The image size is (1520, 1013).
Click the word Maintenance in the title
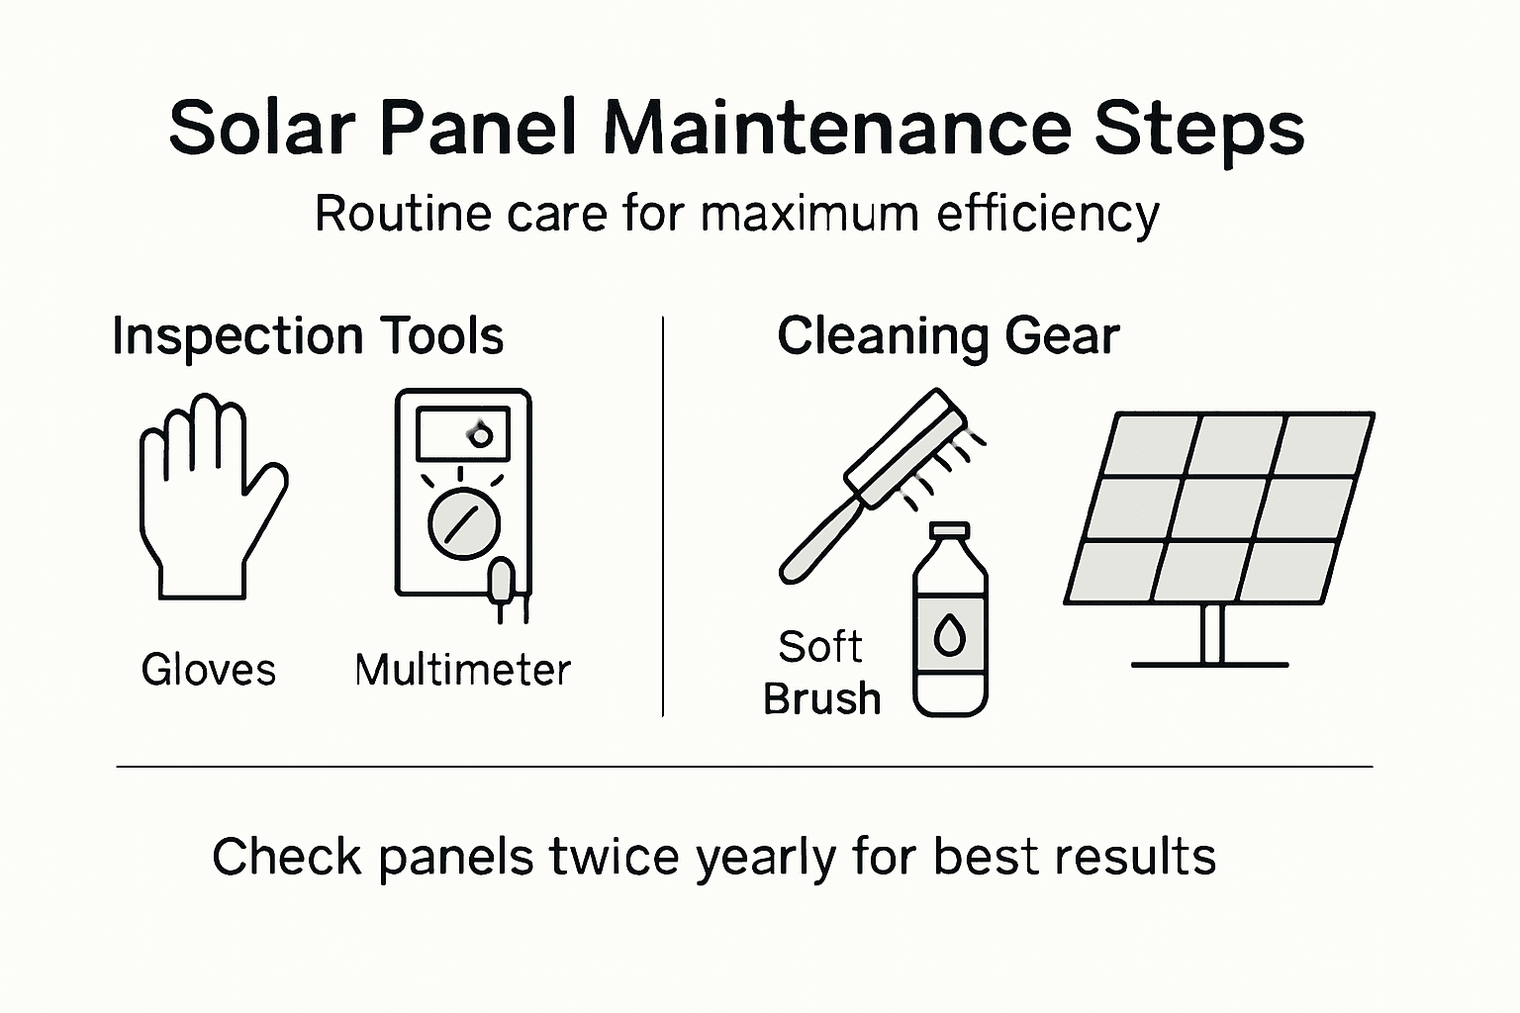click(836, 129)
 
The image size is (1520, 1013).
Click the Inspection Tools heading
click(308, 336)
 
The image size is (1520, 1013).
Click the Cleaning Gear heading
click(948, 336)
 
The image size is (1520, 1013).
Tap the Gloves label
click(208, 670)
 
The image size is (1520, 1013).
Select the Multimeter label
click(462, 670)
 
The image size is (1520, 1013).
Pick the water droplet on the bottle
click(950, 637)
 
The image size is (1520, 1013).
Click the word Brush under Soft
click(821, 698)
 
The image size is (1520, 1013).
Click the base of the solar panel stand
click(1209, 664)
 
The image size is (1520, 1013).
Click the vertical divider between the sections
click(662, 514)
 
